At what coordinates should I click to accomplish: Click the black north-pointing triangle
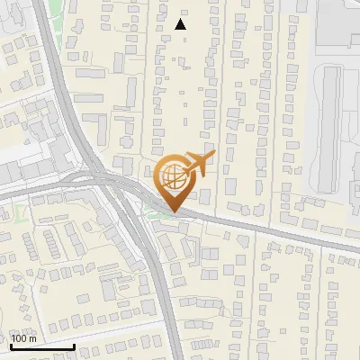point(180,24)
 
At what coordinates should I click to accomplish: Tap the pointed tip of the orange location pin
point(171,211)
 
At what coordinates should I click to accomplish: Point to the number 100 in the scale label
point(20,338)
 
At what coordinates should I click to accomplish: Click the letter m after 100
point(32,338)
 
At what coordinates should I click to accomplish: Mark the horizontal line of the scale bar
point(42,346)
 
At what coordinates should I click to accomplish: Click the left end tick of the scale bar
point(11,345)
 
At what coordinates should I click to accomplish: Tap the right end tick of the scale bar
point(74,345)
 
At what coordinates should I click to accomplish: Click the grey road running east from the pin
point(270,230)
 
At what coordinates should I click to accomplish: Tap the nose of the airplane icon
point(213,158)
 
